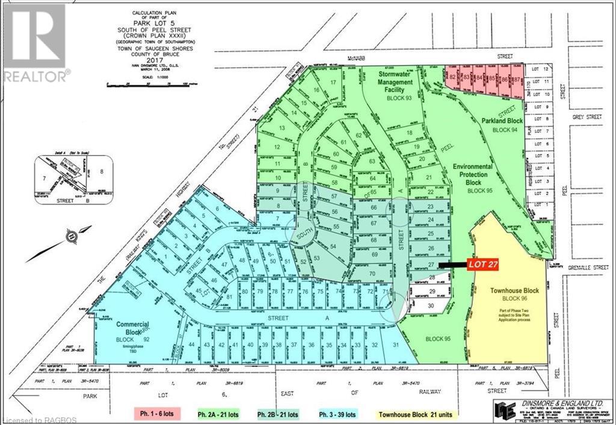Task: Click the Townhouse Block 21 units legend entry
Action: click(x=418, y=414)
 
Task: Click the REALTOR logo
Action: click(x=35, y=42)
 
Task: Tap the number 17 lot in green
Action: click(x=332, y=82)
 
